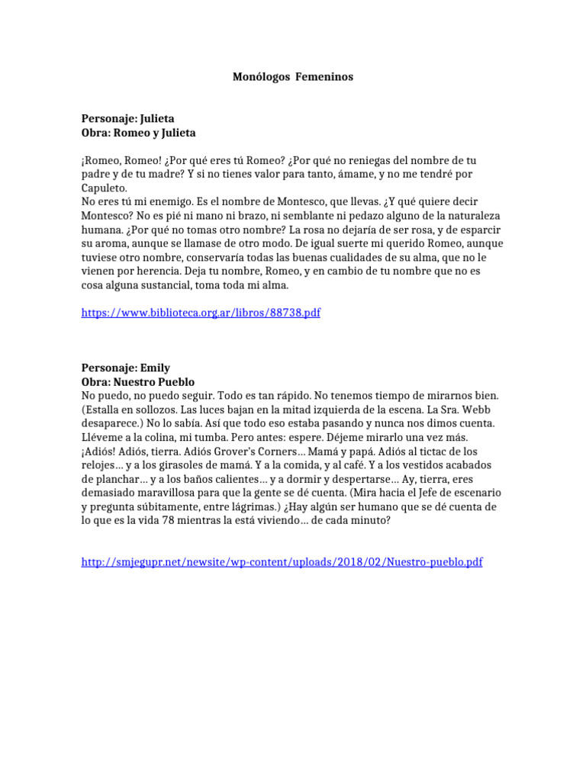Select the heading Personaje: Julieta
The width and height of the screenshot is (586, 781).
[x=127, y=119]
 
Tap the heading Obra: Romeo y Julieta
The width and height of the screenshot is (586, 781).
[x=138, y=133]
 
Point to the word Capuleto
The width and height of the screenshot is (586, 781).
[x=105, y=188]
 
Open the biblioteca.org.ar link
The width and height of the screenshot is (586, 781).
[x=201, y=313]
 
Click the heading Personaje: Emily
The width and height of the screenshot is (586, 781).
[x=125, y=368]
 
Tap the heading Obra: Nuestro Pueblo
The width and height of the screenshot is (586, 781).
[x=138, y=381]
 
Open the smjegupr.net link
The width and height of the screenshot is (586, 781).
[x=282, y=562]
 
